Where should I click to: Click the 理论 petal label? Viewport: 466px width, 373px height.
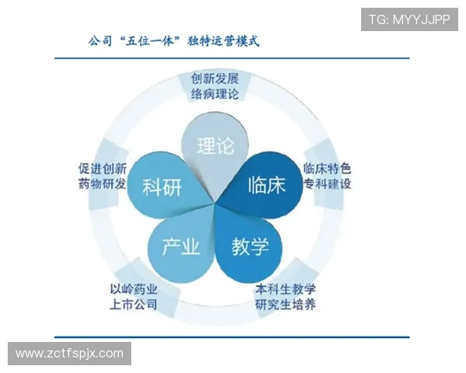(x=216, y=145)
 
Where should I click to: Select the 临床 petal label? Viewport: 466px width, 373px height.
(x=266, y=185)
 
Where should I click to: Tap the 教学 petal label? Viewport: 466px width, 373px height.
(x=250, y=247)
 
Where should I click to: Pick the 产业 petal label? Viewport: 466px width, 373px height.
(x=181, y=247)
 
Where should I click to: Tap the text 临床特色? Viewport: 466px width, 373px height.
(x=327, y=168)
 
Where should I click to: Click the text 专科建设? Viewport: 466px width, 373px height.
(x=327, y=184)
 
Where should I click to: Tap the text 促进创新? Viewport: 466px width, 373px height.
(x=100, y=168)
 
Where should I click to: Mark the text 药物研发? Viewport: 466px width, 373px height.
(x=100, y=184)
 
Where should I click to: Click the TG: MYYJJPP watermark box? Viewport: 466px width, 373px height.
(x=409, y=19)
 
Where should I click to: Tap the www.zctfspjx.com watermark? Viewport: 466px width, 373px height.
(x=70, y=354)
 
